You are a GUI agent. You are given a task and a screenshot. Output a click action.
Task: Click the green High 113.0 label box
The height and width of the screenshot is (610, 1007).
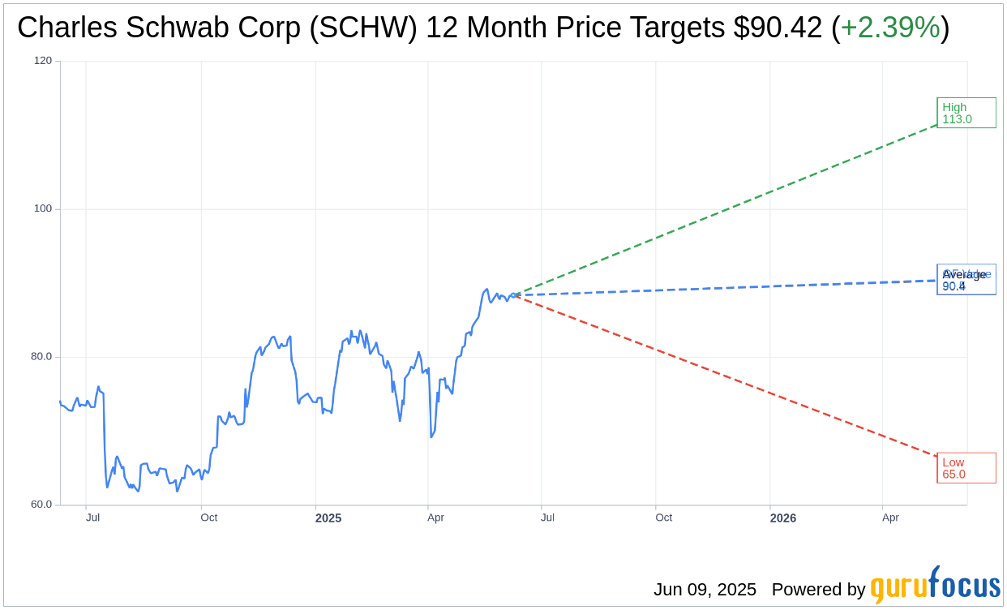(966, 113)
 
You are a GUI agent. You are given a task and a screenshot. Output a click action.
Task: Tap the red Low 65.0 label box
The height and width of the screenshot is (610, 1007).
(966, 468)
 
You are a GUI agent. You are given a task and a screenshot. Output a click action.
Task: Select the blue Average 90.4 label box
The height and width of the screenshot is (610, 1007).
(966, 280)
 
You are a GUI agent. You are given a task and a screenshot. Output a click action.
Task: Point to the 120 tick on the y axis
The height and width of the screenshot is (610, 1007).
(43, 60)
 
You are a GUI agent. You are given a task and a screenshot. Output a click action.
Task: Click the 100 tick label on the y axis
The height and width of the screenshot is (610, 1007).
(43, 208)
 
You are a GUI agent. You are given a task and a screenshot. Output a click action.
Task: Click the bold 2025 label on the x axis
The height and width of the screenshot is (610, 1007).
(328, 518)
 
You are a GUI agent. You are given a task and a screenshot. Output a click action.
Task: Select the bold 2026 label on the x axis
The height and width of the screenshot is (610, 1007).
(783, 518)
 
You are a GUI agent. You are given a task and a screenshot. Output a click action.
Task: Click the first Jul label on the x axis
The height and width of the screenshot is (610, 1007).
(93, 518)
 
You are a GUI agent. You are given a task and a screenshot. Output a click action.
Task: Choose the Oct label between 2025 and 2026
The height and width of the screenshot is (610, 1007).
(664, 518)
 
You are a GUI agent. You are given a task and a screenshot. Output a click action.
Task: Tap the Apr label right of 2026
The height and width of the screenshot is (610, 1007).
(890, 518)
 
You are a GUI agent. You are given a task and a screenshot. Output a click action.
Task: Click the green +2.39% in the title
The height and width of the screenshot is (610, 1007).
(890, 28)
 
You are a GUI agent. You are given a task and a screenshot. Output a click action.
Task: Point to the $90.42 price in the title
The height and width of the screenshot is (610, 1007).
(778, 28)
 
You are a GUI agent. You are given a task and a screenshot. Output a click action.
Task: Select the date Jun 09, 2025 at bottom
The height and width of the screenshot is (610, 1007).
(705, 590)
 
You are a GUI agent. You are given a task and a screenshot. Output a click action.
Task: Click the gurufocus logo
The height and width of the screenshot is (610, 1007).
(935, 586)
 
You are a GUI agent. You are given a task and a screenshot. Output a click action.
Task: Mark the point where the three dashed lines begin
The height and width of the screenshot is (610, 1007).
(514, 295)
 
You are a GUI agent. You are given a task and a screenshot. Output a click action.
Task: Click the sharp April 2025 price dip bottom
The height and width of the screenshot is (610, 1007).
(431, 437)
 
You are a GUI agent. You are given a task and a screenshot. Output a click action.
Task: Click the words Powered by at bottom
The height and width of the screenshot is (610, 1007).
(818, 590)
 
